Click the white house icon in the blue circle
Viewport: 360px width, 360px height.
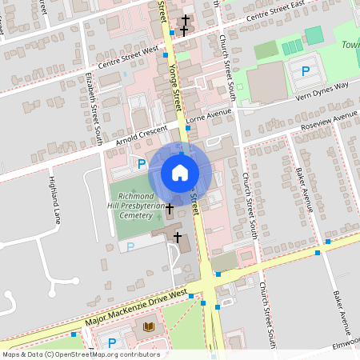(x=180, y=173)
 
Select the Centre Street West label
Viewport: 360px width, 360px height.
(x=129, y=58)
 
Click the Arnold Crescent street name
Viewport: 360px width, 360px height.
(x=141, y=134)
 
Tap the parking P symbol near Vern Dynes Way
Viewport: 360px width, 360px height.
(x=306, y=71)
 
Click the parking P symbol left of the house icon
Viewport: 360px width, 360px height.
(x=142, y=164)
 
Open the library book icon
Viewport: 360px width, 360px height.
(x=149, y=326)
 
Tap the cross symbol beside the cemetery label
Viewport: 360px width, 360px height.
(x=169, y=209)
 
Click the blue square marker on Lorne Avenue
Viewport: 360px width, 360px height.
(x=188, y=126)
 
